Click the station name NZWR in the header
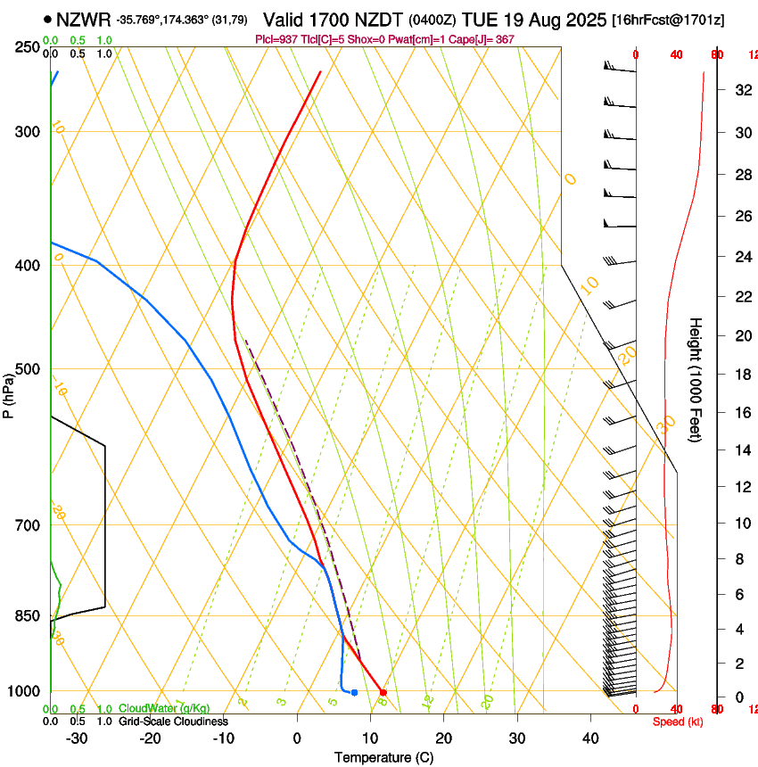83,19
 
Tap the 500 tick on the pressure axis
27,369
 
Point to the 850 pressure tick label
27,616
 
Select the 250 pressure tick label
27,47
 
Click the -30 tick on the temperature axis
77,738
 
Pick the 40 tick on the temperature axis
590,738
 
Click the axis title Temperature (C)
383,757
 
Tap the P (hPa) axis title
9,392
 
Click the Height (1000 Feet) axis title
696,379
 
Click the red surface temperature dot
383,692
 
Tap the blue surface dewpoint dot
354,692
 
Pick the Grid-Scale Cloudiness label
173,722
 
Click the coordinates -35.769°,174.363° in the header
169,20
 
